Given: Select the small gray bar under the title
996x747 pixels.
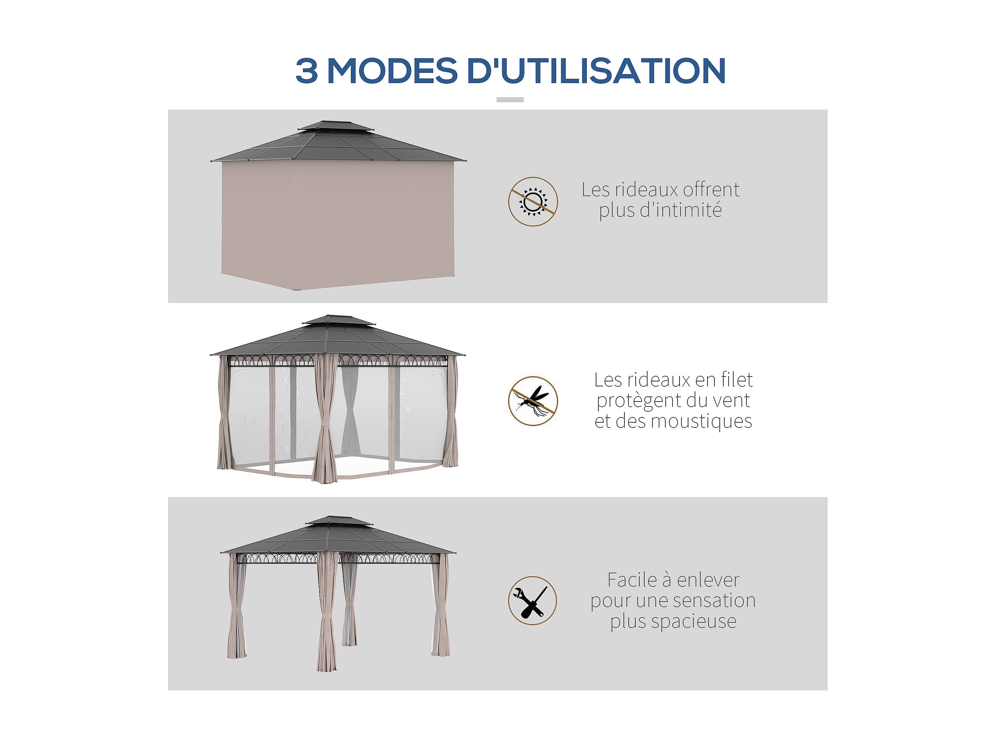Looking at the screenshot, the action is (510, 100).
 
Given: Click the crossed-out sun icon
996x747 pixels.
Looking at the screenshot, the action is (533, 201).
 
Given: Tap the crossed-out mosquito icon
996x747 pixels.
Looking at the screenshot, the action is (533, 401).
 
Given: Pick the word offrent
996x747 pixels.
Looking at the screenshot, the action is (711, 190).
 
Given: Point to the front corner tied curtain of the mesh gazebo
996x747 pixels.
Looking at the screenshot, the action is (325, 419).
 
